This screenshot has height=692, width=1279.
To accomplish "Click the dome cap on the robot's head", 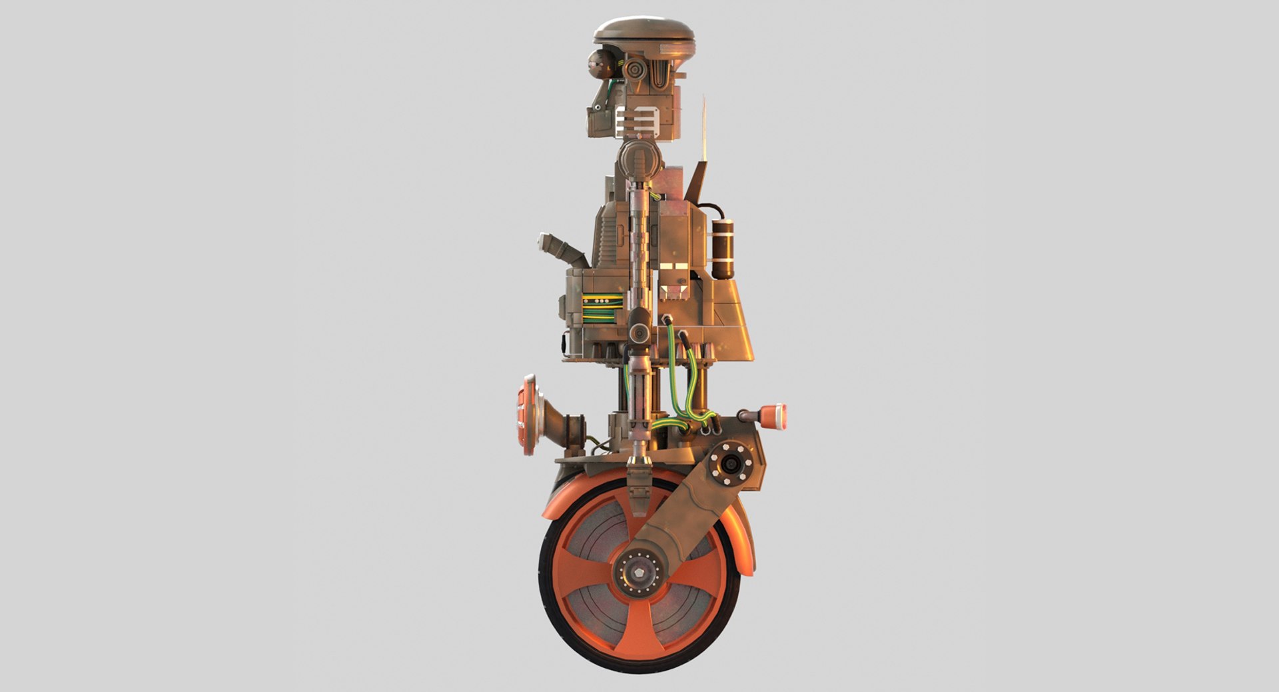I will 643,31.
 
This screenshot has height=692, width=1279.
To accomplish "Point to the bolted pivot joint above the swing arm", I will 731,464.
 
